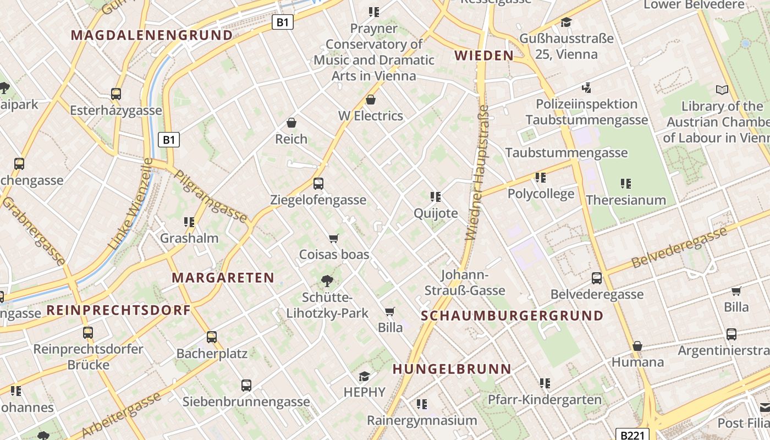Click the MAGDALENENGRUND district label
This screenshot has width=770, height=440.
point(152,35)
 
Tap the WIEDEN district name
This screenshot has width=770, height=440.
point(484,55)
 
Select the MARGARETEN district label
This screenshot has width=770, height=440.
point(223,278)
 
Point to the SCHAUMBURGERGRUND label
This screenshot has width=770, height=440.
point(512,316)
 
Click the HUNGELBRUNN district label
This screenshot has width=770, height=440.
point(452,369)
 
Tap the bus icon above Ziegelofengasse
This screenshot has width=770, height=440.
point(318,184)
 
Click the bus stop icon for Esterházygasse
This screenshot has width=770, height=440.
point(116,94)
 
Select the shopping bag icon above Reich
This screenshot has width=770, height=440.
point(291,123)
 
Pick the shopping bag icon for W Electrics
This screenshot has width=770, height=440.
point(371,100)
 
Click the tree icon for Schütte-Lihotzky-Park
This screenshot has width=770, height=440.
point(327,281)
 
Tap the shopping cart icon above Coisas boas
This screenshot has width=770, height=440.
point(334,238)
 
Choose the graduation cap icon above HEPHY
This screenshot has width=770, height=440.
point(364,376)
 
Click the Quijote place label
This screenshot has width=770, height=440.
point(436,213)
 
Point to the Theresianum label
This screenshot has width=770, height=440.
point(626,200)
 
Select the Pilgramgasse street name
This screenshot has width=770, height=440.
point(211,196)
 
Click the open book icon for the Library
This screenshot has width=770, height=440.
point(722,90)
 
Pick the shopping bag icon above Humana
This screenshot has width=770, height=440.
point(637,346)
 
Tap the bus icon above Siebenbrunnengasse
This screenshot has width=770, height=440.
point(246,386)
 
